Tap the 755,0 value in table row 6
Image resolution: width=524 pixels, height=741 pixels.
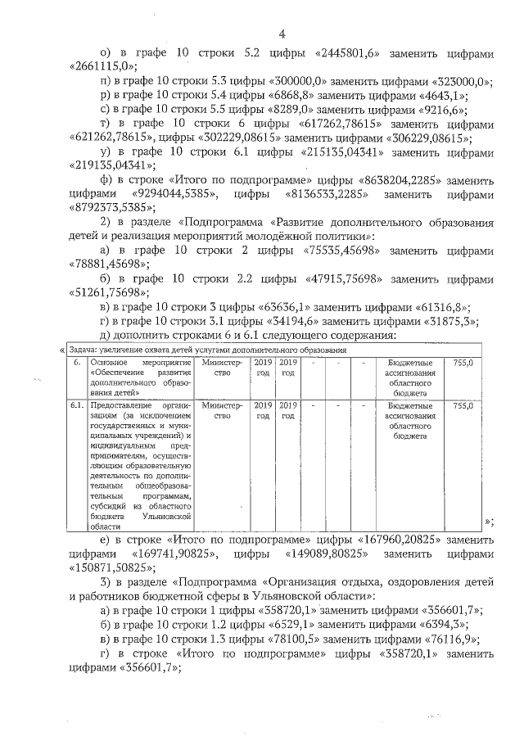[x=463, y=362]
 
